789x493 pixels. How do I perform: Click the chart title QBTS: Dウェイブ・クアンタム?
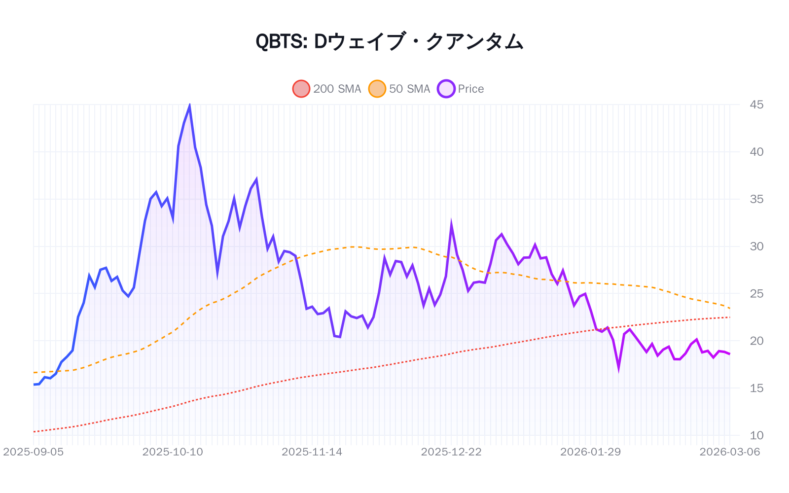tap(389, 41)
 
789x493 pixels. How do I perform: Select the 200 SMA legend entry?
tap(327, 89)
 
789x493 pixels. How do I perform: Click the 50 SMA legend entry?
tap(399, 89)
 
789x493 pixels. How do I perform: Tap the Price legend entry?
tap(461, 89)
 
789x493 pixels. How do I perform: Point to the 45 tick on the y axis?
tap(756, 105)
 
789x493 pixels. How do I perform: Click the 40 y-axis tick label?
tap(756, 152)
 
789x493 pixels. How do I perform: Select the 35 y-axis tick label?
tap(756, 199)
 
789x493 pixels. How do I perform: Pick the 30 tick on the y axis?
tap(756, 246)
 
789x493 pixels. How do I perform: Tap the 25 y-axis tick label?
tap(756, 294)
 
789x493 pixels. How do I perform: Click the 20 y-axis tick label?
tap(756, 341)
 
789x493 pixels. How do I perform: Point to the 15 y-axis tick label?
tap(756, 388)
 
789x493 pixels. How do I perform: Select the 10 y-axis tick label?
tap(756, 435)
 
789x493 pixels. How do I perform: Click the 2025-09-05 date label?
tap(34, 452)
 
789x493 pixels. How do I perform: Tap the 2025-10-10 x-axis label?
tap(173, 452)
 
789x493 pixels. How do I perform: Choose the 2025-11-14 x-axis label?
tap(312, 452)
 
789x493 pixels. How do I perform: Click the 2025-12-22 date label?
tap(451, 452)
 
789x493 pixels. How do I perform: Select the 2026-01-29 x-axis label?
tap(590, 452)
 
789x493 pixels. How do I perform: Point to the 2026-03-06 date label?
tap(729, 452)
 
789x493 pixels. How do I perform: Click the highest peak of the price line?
tap(189, 106)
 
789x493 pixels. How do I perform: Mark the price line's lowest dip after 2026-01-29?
tap(618, 367)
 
